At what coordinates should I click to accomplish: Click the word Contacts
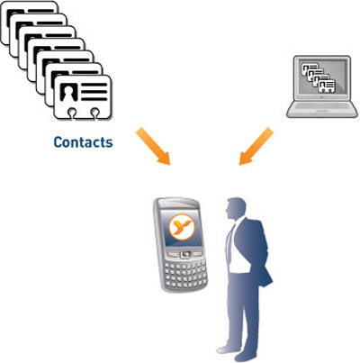[x=83, y=142]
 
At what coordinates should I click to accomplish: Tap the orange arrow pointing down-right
[x=153, y=146]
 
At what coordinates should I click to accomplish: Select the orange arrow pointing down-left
[x=256, y=146]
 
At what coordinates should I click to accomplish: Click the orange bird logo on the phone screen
[x=182, y=227]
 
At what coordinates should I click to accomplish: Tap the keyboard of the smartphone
[x=186, y=275]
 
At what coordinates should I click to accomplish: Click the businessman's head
[x=236, y=209]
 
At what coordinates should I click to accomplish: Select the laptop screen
[x=322, y=78]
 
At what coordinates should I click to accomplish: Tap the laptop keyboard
[x=322, y=106]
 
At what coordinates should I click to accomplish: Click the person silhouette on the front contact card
[x=68, y=92]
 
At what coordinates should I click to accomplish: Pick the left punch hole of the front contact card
[x=71, y=113]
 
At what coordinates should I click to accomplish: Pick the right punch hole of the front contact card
[x=94, y=113]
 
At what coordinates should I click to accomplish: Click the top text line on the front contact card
[x=94, y=85]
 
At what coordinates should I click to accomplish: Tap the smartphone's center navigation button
[x=184, y=255]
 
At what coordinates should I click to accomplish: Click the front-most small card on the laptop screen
[x=327, y=86]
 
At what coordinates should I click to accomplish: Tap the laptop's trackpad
[x=322, y=113]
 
